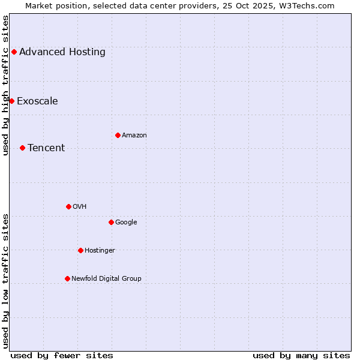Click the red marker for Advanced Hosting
pyautogui.click(x=14, y=52)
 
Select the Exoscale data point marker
pyautogui.click(x=11, y=101)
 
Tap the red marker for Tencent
pyautogui.click(x=22, y=148)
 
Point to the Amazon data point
pyautogui.click(x=118, y=135)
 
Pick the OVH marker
pyautogui.click(x=68, y=206)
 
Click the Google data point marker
pyautogui.click(x=111, y=222)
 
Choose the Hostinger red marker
pyautogui.click(x=80, y=250)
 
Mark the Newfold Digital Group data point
pyautogui.click(x=67, y=278)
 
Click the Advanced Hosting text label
pyautogui.click(x=62, y=52)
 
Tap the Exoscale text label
pyautogui.click(x=37, y=101)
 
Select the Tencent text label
pyautogui.click(x=46, y=148)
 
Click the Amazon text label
pyautogui.click(x=134, y=135)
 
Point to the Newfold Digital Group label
pyautogui.click(x=106, y=278)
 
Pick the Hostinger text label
pyautogui.click(x=100, y=250)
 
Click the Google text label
pyautogui.click(x=126, y=222)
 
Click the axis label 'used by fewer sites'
pyautogui.click(x=62, y=355)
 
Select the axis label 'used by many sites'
pyautogui.click(x=301, y=355)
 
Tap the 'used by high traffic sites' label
pyautogui.click(x=5, y=85)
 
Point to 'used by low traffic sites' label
pyautogui.click(x=5, y=281)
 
